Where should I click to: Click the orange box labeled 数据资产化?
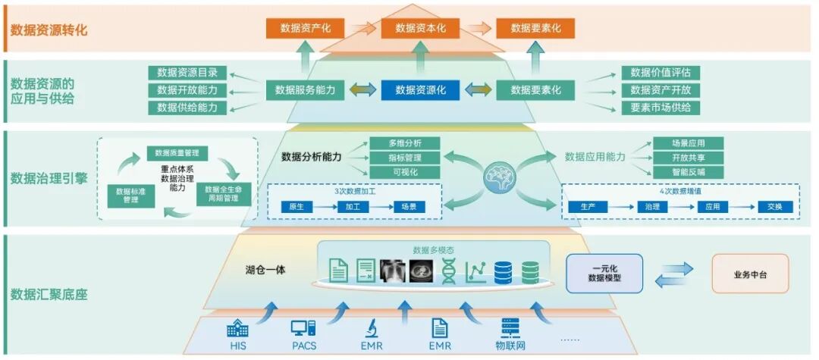click(x=305, y=28)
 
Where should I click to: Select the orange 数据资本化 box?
click(x=420, y=28)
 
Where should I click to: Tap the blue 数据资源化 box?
click(x=420, y=90)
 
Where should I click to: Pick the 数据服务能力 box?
click(x=305, y=90)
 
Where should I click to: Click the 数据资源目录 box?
click(x=187, y=73)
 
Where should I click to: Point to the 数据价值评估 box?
click(x=661, y=73)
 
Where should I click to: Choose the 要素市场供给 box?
click(x=661, y=108)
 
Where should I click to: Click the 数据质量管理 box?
click(x=177, y=152)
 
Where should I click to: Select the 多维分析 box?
click(x=404, y=143)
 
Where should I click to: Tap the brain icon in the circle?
click(x=498, y=177)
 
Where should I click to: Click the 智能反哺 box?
click(x=687, y=172)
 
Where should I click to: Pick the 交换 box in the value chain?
click(x=773, y=207)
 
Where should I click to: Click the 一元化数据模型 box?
click(x=604, y=274)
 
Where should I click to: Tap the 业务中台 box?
click(x=750, y=274)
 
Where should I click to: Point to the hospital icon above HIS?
click(x=237, y=328)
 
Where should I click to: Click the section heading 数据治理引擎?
click(x=49, y=179)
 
